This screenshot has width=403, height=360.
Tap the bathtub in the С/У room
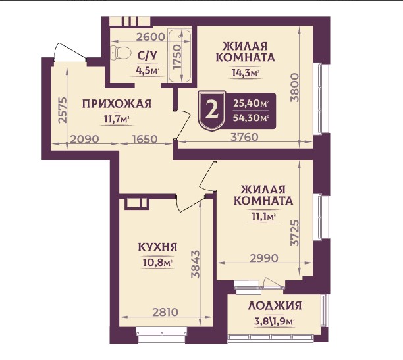coord(179,55)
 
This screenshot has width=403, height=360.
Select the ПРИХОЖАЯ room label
coord(117,103)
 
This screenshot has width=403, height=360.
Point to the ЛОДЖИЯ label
coord(275,305)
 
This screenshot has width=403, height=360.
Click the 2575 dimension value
coord(62,111)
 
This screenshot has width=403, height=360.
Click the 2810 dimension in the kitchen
coord(161,313)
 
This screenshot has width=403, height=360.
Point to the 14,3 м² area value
coord(244,72)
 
